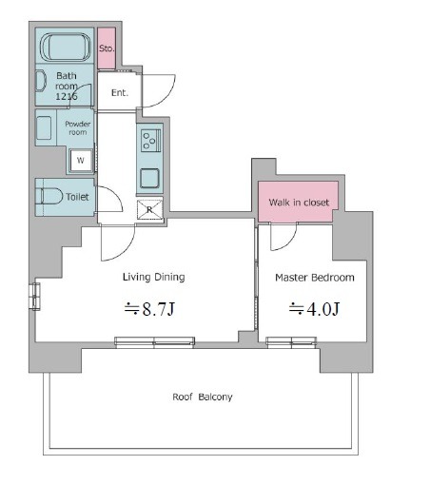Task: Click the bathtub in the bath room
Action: point(65,48)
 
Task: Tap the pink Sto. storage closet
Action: point(107,48)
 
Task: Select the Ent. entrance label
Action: point(120,92)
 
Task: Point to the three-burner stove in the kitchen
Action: point(150,141)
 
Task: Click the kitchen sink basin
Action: point(150,179)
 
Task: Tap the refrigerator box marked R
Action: point(150,209)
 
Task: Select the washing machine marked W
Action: point(81,160)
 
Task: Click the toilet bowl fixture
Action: point(49,196)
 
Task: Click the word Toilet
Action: point(77,197)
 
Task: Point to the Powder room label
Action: point(77,128)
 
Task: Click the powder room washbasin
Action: point(44,127)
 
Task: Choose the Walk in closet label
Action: point(299,203)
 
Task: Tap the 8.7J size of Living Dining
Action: point(150,309)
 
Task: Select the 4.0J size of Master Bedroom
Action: point(314,309)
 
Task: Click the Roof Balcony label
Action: point(203,397)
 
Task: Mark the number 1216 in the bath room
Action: point(67,96)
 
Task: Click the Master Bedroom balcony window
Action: point(291,342)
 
